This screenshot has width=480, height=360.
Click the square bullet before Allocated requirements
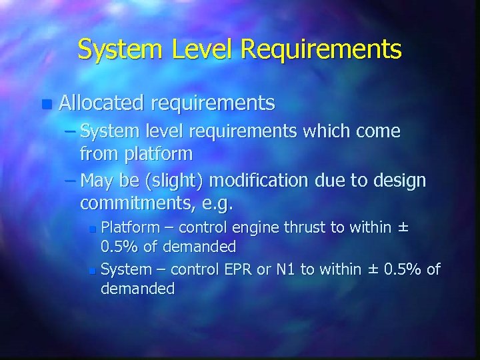pos(45,104)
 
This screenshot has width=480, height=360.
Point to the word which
pos(332,131)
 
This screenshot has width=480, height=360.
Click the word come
pos(379,131)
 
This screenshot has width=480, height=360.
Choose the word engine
pos(255,227)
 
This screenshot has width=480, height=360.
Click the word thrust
pos(305,227)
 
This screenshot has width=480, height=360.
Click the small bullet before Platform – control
pos(93,229)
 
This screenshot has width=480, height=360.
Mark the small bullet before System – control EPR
pos(93,271)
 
